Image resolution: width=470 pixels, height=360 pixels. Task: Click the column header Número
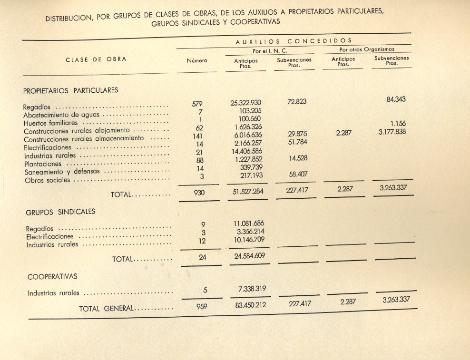click(x=197, y=60)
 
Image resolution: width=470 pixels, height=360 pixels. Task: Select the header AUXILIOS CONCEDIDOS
click(x=294, y=41)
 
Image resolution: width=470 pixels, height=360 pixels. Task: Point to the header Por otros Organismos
click(x=366, y=49)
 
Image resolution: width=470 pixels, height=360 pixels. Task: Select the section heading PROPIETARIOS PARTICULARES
click(x=70, y=90)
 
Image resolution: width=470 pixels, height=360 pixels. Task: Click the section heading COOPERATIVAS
click(x=52, y=276)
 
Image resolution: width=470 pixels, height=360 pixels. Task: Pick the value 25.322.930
click(x=246, y=103)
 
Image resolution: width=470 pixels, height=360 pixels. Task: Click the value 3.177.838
click(x=392, y=132)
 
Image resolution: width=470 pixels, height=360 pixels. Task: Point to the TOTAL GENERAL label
click(x=107, y=309)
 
